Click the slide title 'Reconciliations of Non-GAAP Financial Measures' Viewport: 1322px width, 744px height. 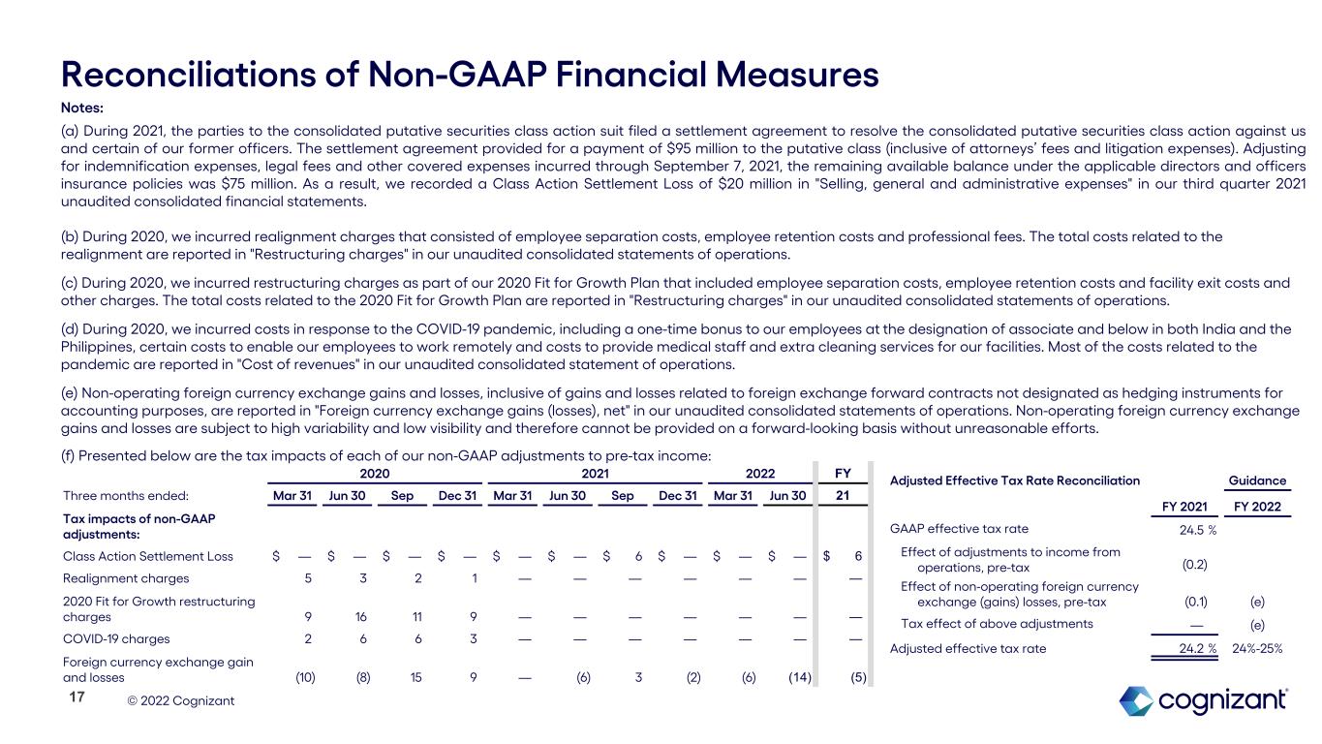point(470,74)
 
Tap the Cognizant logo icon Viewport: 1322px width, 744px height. point(1135,700)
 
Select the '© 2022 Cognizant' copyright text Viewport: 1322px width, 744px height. point(181,699)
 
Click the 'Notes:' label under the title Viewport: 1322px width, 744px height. point(81,107)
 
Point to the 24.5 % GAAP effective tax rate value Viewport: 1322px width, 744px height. point(1195,529)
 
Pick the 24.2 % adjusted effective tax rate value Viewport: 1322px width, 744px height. point(1195,649)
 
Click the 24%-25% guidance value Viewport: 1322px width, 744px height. point(1256,649)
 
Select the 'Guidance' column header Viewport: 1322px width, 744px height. point(1257,480)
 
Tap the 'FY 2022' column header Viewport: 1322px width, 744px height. point(1257,506)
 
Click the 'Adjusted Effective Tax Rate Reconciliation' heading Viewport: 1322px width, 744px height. point(1015,480)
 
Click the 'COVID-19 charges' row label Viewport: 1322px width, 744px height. point(115,638)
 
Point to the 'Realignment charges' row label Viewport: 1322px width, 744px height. point(125,577)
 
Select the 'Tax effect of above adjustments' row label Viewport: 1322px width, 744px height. point(997,623)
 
